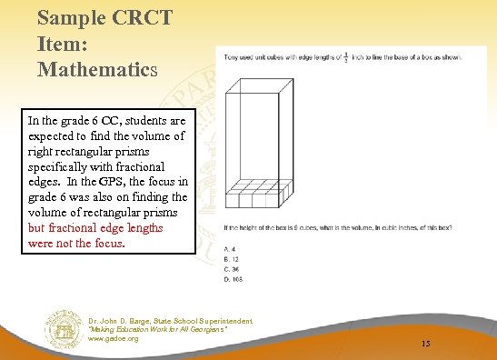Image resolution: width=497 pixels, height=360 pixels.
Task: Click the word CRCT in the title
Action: (121, 17)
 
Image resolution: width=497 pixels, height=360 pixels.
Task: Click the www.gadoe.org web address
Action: (114, 339)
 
